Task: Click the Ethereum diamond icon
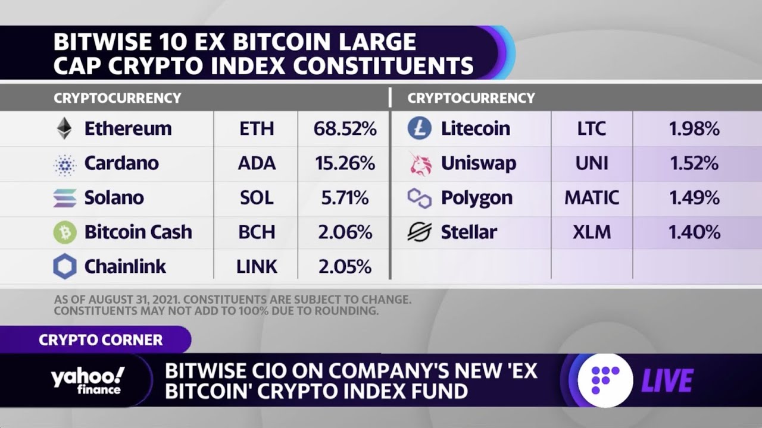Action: (x=64, y=128)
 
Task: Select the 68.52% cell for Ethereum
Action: (x=345, y=129)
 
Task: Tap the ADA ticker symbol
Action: (x=256, y=163)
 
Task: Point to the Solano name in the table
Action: (x=114, y=198)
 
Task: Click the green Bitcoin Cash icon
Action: (x=65, y=232)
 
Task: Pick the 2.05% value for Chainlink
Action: (x=345, y=266)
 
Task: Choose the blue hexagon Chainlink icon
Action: (x=65, y=266)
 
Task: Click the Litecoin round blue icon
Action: (x=419, y=128)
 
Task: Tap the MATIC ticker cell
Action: (x=592, y=198)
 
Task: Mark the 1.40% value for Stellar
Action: (x=694, y=232)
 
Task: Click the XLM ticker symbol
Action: (x=592, y=232)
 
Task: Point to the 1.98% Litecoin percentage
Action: (x=694, y=129)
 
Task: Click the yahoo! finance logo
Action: (x=88, y=380)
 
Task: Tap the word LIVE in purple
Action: (x=667, y=381)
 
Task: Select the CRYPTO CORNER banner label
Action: (x=101, y=340)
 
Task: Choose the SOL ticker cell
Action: (x=256, y=198)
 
